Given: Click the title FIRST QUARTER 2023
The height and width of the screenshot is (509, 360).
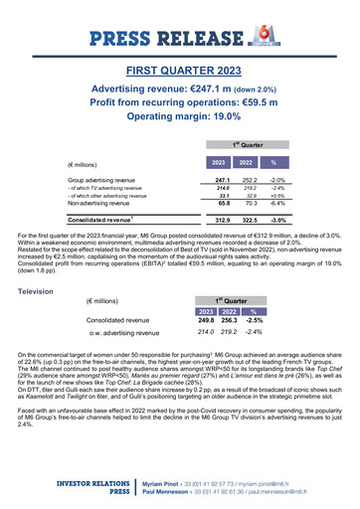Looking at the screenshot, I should [180, 72].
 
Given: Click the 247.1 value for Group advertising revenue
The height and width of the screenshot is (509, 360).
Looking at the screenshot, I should [223, 179].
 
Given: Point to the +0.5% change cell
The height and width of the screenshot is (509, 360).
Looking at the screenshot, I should [279, 196].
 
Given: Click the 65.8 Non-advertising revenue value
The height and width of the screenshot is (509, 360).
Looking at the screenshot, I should [223, 204].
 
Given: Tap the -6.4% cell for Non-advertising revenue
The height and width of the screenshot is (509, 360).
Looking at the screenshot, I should [278, 204].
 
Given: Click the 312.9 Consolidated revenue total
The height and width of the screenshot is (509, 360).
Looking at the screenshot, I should [223, 219].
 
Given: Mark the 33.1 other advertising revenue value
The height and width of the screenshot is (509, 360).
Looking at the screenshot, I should [223, 196].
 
